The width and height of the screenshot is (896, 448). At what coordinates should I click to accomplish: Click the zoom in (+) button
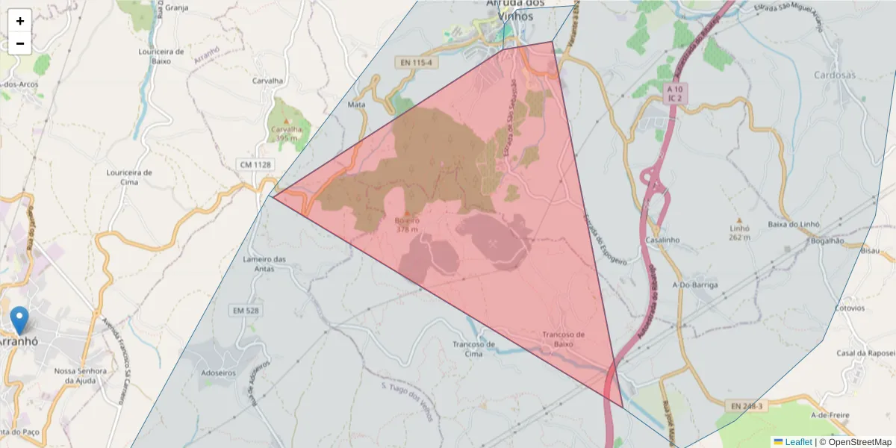tap(19, 21)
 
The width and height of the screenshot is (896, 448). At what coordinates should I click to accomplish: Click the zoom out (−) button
tap(19, 43)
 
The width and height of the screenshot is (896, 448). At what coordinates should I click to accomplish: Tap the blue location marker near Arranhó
tap(19, 320)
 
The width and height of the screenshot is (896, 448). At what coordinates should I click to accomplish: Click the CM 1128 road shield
tap(255, 164)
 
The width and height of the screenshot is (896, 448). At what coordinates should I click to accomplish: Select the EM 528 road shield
tap(244, 310)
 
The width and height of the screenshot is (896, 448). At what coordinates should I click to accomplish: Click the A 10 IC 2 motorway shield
tap(676, 93)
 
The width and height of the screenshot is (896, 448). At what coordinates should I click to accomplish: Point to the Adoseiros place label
tap(218, 373)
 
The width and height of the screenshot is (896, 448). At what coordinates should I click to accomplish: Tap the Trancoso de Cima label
tap(473, 349)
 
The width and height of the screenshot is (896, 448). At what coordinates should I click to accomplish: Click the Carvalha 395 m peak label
tap(286, 133)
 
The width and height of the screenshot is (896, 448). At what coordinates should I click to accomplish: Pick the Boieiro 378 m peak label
tap(408, 225)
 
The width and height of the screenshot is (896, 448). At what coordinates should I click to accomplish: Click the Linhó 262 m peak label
tap(739, 232)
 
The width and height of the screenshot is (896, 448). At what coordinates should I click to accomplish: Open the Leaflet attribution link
tap(797, 442)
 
